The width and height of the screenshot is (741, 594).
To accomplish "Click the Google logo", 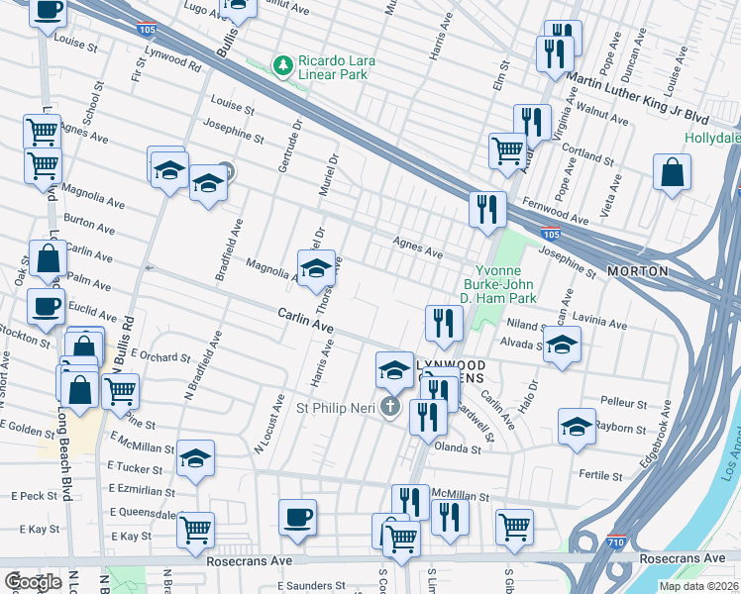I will tap(33, 582).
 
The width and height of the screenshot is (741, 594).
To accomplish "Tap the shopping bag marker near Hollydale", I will tap(672, 172).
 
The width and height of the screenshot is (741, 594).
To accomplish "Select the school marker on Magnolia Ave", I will tap(316, 267).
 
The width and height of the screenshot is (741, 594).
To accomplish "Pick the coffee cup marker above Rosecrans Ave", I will tap(297, 517).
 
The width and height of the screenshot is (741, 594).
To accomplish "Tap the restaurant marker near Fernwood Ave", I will tap(487, 209).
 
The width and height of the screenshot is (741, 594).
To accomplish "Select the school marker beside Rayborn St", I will tap(577, 426).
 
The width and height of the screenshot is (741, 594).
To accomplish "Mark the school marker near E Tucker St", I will tap(196, 457).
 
